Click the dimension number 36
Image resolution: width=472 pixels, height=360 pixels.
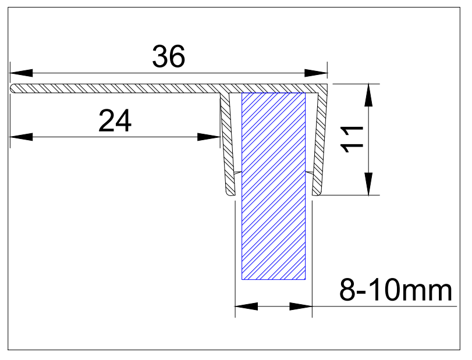point(168,57)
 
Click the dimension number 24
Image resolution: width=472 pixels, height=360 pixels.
point(116,121)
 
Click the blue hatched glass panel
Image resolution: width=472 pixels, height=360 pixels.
point(274,186)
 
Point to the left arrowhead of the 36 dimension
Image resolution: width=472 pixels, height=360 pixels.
point(21,73)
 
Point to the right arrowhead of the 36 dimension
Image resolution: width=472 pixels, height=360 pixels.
point(317,73)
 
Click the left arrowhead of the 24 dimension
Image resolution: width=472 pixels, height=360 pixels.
point(21,137)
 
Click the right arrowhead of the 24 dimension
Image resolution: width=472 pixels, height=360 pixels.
point(209,137)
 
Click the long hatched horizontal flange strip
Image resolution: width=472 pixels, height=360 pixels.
point(116,88)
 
